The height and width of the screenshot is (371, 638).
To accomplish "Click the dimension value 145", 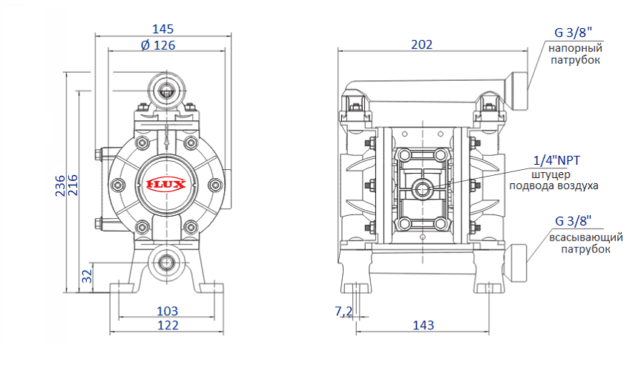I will (x=162, y=29).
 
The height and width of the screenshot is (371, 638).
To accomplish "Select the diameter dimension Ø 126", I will (x=157, y=45).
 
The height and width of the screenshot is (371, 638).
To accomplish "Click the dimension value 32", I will (x=87, y=276).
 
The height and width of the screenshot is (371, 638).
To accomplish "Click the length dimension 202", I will (x=421, y=45).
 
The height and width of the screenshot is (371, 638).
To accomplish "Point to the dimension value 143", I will (x=422, y=325).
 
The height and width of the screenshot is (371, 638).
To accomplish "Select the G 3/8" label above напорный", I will (x=573, y=33).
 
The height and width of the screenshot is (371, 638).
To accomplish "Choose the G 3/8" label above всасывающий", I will (x=573, y=221).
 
